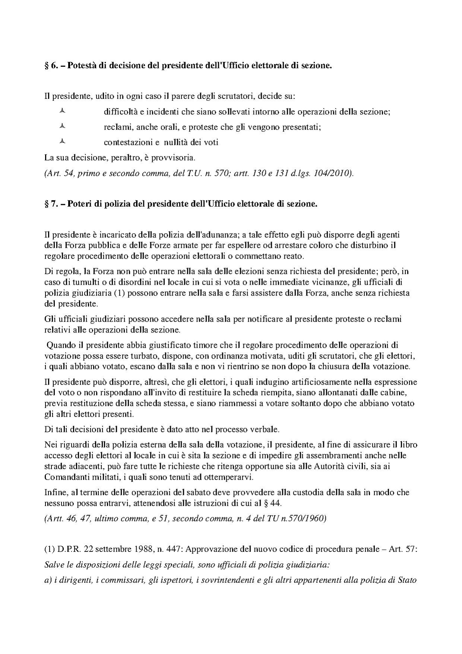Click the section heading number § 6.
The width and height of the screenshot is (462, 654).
50,66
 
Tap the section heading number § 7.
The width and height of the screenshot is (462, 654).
50,204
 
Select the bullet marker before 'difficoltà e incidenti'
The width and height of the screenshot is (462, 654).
62,111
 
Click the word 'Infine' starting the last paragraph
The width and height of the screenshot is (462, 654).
54,492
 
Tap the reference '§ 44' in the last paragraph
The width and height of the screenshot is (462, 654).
272,503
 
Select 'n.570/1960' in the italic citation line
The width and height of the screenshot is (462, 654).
309,519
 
